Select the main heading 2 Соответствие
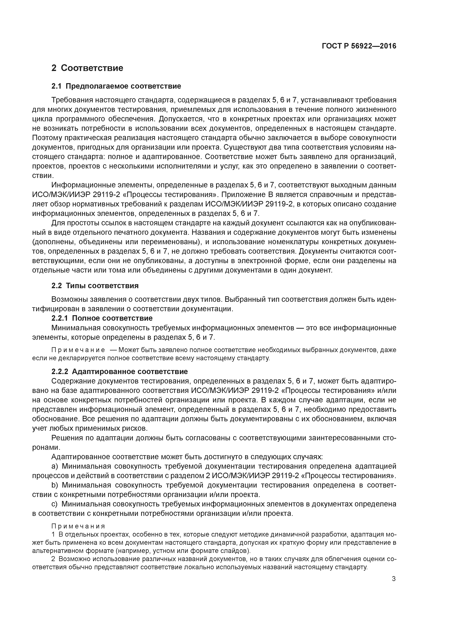87,68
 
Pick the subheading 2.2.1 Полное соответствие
102,318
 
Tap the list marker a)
55,466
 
